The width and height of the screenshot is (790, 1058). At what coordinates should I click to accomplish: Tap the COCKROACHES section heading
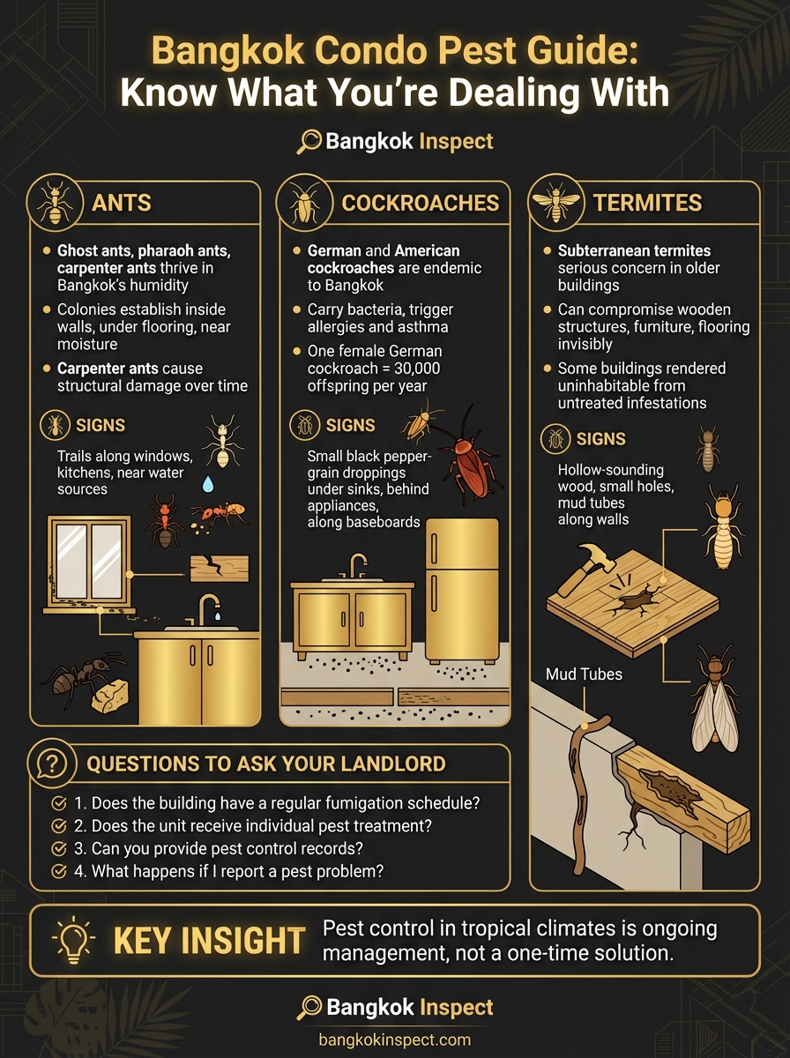point(420,203)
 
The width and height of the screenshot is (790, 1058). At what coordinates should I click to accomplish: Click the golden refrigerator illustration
point(462,589)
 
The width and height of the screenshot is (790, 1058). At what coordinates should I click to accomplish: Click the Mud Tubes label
point(584,674)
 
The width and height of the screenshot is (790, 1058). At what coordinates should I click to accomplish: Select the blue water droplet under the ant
point(208,483)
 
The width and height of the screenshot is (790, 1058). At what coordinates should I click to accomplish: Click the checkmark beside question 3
point(59,849)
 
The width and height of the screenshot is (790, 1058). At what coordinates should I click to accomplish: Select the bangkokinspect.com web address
point(394,1039)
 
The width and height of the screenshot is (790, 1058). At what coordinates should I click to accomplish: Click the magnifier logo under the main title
point(309,141)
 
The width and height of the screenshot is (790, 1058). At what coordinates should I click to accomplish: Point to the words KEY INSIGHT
point(209,941)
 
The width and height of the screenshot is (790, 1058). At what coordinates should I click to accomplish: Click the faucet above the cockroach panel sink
point(357,565)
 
